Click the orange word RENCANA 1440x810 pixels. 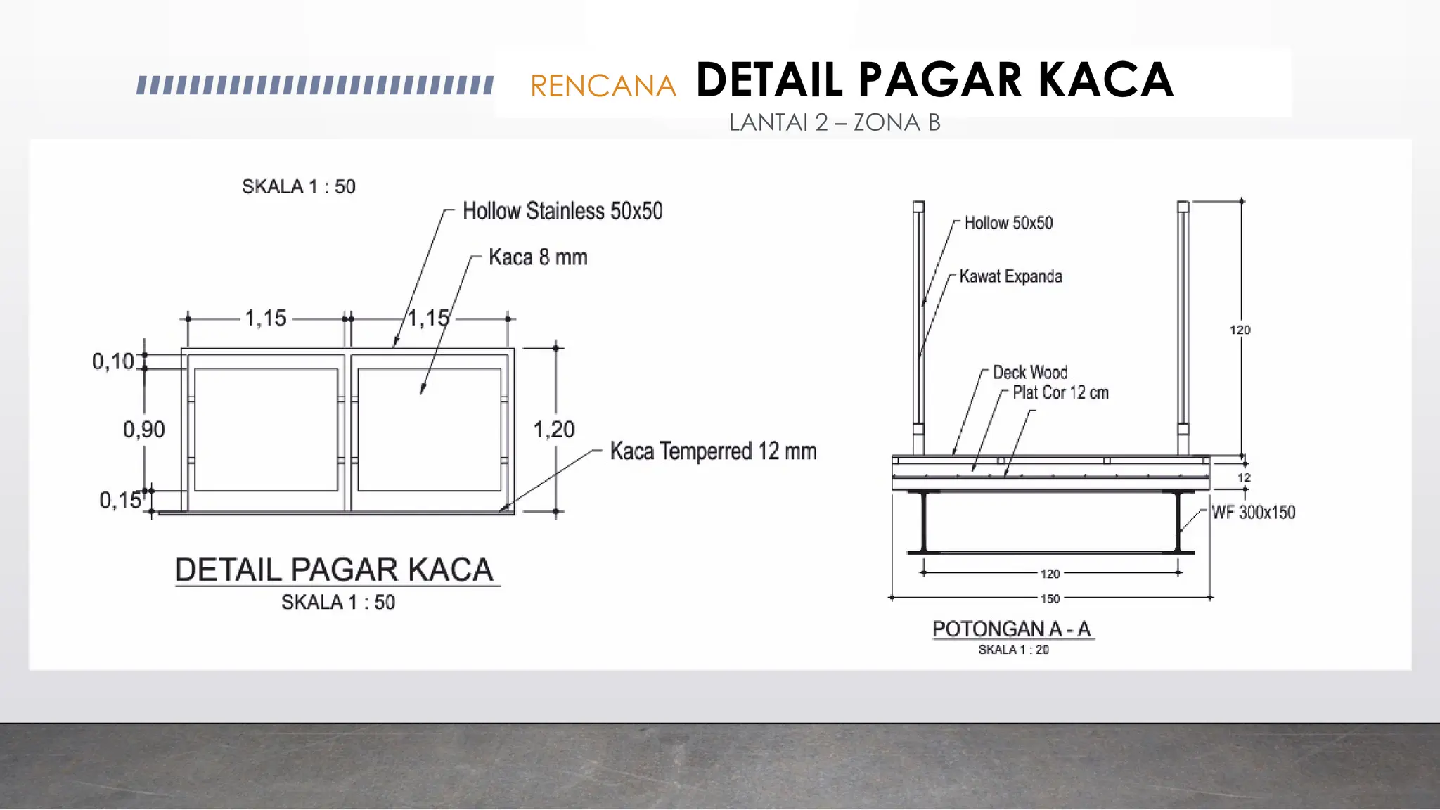tap(603, 86)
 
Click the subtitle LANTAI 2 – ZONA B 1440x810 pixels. tap(835, 123)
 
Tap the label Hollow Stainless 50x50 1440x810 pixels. tap(562, 211)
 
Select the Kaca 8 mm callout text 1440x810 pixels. tap(538, 257)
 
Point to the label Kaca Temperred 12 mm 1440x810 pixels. tap(713, 451)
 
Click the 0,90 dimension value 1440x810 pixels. tap(143, 430)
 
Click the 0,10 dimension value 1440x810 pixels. tap(112, 361)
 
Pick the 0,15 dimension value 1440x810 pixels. tap(120, 500)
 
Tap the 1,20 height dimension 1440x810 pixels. tap(553, 430)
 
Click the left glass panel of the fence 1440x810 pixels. tap(266, 430)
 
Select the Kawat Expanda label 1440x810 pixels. tap(1010, 276)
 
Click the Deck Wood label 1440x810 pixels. tap(1030, 372)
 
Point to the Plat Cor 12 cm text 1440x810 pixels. tap(1060, 392)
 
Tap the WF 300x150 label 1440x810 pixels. tap(1253, 513)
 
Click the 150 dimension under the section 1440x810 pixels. tap(1050, 598)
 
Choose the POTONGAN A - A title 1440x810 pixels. tap(1012, 629)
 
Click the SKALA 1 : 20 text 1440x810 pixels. tap(1013, 650)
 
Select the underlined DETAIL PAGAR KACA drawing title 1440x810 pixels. tap(335, 570)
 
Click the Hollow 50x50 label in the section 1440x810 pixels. tap(1008, 223)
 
